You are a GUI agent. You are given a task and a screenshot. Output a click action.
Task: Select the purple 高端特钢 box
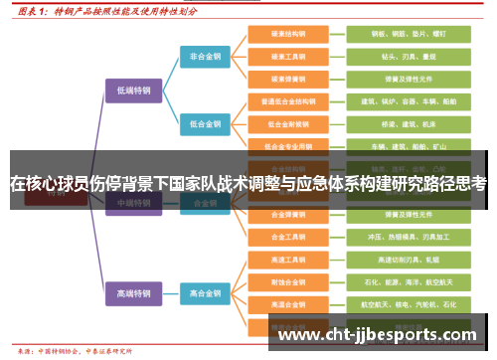tap(133, 293)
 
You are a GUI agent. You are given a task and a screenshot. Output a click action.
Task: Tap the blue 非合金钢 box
tap(207, 57)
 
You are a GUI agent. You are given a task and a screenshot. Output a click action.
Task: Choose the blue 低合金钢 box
tap(207, 123)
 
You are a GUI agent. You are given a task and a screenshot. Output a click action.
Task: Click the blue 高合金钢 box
tap(207, 293)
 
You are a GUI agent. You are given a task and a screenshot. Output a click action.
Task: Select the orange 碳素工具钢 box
tap(290, 57)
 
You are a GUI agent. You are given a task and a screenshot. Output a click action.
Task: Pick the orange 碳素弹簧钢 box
tap(290, 79)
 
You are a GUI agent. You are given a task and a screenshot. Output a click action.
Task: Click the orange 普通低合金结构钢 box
tap(290, 101)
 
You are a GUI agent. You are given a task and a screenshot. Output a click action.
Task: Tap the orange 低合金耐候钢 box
tap(290, 123)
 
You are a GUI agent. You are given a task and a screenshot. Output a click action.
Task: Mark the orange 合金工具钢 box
tap(290, 238)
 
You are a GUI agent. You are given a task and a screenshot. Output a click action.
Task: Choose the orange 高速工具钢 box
tap(290, 261)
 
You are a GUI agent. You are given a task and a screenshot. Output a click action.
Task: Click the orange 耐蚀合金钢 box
tap(290, 282)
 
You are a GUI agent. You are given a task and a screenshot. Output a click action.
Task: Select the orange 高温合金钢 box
tap(290, 304)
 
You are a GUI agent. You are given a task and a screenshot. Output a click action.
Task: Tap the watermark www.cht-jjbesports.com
tap(378, 334)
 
